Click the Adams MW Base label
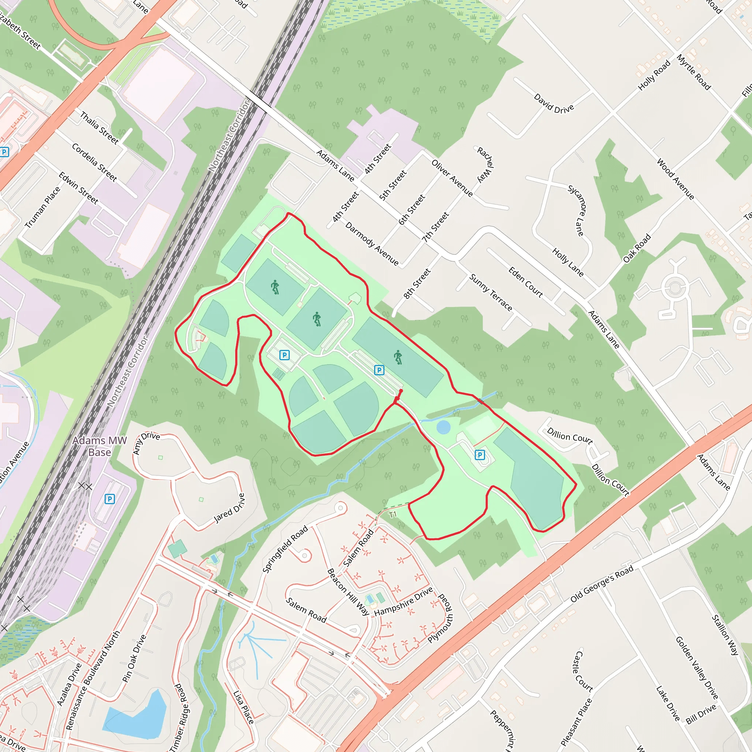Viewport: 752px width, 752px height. click(100, 446)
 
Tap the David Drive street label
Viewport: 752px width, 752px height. click(553, 103)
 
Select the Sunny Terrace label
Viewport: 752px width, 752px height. click(491, 292)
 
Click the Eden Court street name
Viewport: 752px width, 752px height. click(525, 282)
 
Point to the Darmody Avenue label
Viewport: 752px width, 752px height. click(372, 244)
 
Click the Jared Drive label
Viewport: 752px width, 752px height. click(230, 508)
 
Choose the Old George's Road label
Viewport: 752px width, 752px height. click(602, 584)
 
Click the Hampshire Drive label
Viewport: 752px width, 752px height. click(404, 602)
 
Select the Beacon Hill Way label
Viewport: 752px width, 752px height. click(348, 592)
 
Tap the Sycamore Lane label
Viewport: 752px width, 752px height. click(577, 210)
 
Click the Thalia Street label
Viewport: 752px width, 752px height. click(99, 128)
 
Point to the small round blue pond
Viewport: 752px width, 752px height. click(443, 427)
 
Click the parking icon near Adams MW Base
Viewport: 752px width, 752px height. click(110, 499)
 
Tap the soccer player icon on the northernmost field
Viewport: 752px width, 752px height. click(275, 287)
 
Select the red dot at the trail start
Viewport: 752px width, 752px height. click(401, 391)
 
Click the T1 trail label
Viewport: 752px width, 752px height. click(393, 514)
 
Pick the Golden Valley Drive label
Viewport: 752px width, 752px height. click(696, 668)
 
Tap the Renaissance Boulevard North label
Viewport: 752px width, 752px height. click(93, 680)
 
